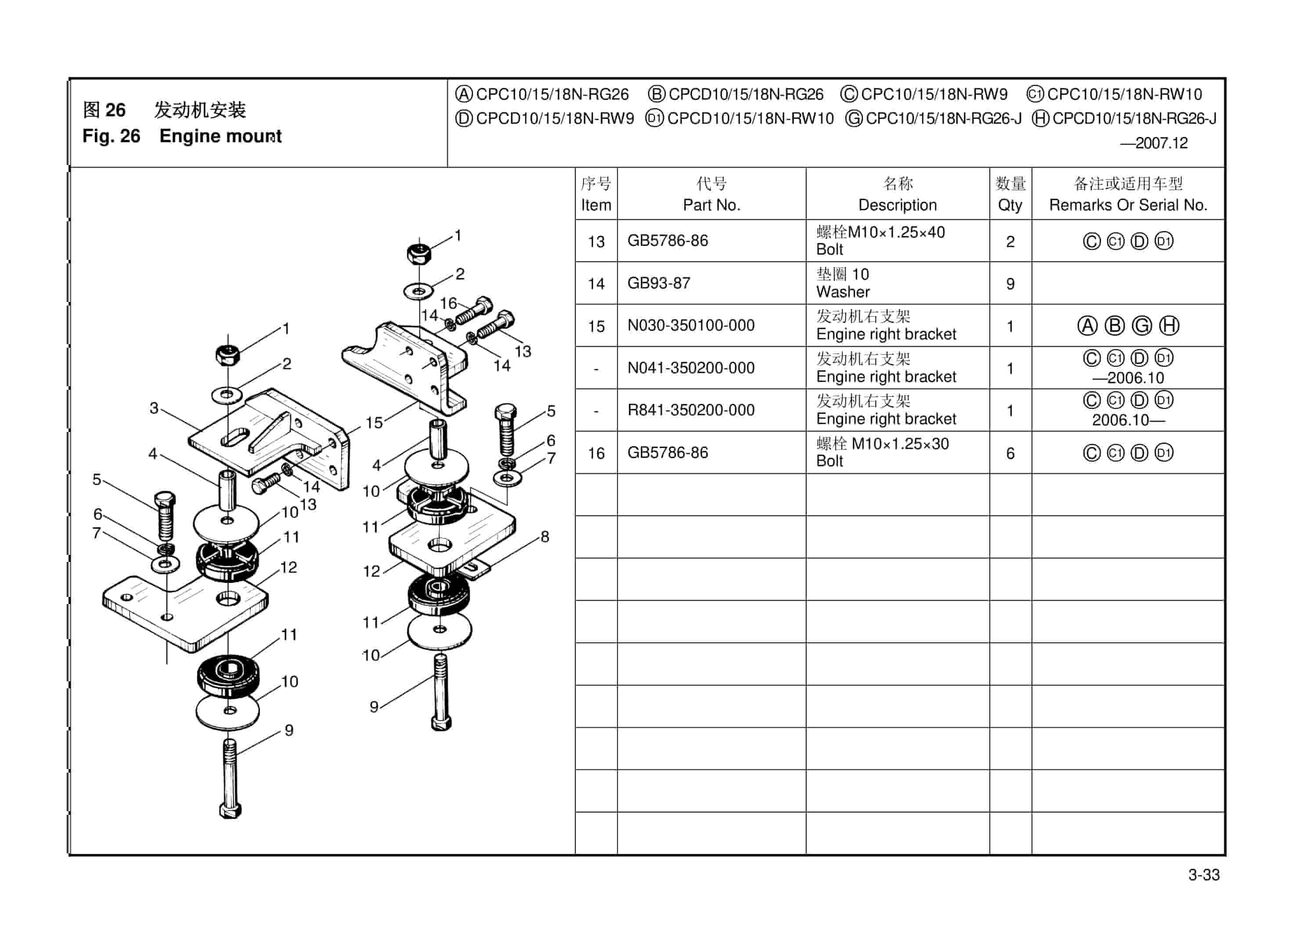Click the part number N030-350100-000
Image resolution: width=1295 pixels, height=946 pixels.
pos(691,325)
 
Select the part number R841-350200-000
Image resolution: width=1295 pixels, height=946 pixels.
pos(691,410)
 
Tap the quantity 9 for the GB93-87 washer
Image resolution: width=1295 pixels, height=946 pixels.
pos(1010,284)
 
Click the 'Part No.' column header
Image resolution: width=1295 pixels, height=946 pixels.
pos(711,205)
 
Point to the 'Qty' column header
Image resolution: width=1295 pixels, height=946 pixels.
pos(1010,205)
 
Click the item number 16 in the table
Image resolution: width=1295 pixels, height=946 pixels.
pos(595,453)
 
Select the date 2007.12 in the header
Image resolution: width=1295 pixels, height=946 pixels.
pos(1161,143)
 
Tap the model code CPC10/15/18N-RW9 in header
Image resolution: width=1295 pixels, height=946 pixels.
pos(934,94)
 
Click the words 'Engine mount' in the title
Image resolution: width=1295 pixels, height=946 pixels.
pos(220,136)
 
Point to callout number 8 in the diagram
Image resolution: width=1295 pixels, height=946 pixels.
pos(545,536)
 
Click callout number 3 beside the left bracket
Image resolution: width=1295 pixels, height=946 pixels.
pos(154,408)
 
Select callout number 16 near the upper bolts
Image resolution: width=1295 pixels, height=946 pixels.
pos(448,303)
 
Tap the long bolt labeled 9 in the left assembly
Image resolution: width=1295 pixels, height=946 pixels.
pos(230,779)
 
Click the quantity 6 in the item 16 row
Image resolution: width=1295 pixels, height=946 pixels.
pos(1010,453)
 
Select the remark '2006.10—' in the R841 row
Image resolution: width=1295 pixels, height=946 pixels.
pos(1127,420)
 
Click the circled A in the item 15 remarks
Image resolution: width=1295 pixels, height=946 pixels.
pos(1087,326)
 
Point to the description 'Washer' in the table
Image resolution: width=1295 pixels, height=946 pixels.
pos(843,292)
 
